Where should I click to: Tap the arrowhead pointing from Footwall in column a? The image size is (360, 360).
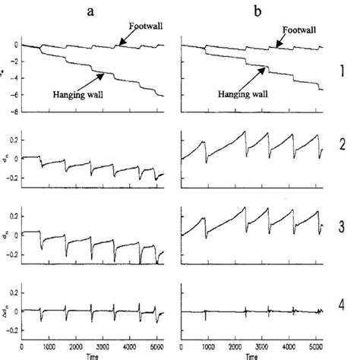coord(115,45)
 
